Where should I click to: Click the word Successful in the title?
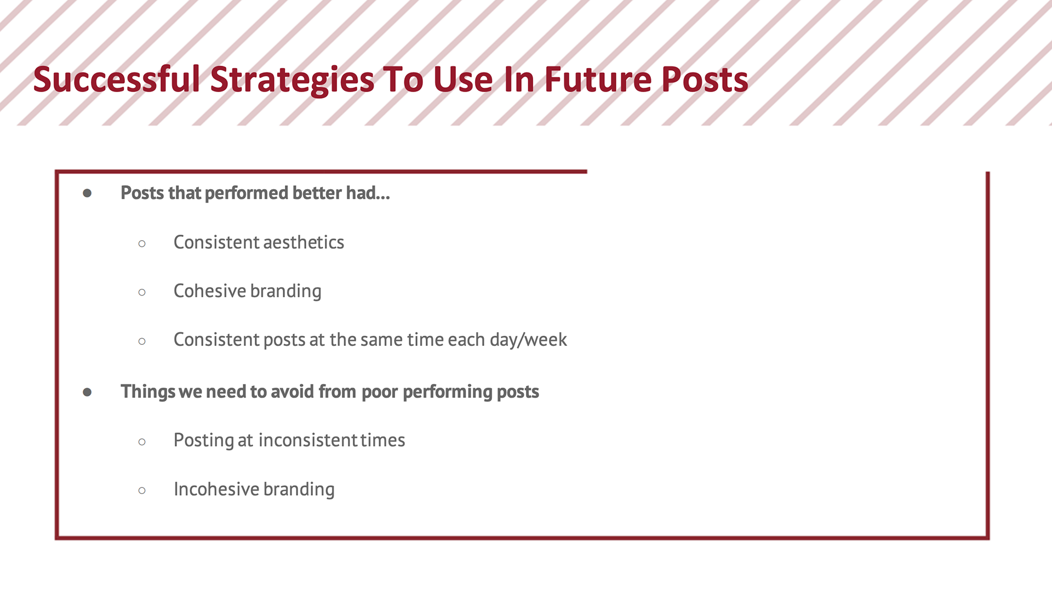[117, 79]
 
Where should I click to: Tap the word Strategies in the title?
[293, 80]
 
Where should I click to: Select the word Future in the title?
[598, 79]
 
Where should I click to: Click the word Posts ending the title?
[705, 79]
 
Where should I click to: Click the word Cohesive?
[210, 291]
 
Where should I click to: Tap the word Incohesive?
[216, 489]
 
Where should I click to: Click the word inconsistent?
[308, 440]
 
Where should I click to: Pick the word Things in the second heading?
[148, 392]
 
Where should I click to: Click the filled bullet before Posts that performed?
[87, 193]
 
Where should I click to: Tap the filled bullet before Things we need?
[87, 392]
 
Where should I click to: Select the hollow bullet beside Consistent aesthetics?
[142, 243]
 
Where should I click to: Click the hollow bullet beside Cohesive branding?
[142, 292]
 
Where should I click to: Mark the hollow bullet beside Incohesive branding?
[142, 490]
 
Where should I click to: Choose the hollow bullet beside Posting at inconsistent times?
[142, 441]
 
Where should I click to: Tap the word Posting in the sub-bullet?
[203, 441]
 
